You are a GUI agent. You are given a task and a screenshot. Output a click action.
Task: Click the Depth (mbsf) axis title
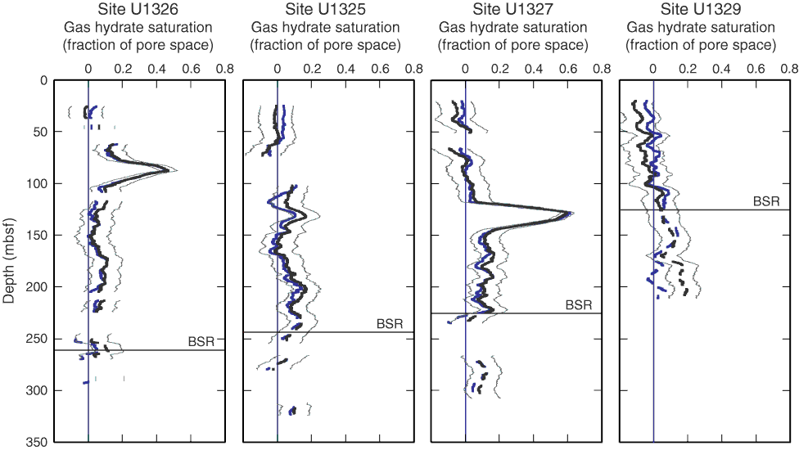tap(10, 262)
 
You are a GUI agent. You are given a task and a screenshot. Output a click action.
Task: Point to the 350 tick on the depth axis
tap(38, 443)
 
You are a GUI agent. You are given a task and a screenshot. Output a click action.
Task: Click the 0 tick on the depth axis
tap(43, 80)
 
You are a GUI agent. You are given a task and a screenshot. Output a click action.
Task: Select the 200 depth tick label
tap(38, 287)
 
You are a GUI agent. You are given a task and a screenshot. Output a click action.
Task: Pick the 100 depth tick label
tap(38, 183)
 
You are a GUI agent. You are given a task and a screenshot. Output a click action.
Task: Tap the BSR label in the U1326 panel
tap(201, 341)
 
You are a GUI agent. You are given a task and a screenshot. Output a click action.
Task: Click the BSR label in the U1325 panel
tap(390, 324)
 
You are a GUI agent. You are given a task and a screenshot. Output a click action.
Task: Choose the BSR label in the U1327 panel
tap(578, 305)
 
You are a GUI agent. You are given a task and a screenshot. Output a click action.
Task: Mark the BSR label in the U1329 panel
tap(766, 200)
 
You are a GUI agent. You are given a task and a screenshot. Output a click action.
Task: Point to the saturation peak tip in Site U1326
tap(168, 170)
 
